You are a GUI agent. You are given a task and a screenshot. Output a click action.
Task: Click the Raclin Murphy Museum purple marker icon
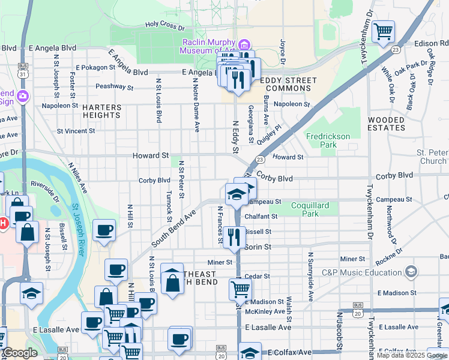coord(244,45)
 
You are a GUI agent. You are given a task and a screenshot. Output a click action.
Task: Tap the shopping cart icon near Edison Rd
coord(383,31)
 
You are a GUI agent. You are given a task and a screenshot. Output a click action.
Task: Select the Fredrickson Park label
coord(328,140)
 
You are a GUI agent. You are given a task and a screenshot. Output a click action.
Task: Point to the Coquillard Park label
coord(310,209)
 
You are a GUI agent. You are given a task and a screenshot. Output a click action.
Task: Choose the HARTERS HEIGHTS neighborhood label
coord(102,111)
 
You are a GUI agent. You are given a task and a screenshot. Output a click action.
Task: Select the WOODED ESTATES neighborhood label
coord(387,124)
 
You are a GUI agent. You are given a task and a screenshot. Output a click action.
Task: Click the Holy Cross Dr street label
coord(164,26)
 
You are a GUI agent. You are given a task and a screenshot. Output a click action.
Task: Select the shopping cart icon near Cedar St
coord(240,289)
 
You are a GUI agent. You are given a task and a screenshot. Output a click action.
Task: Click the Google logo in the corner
coord(19,353)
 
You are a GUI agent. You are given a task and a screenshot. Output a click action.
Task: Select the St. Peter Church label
coord(424,157)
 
